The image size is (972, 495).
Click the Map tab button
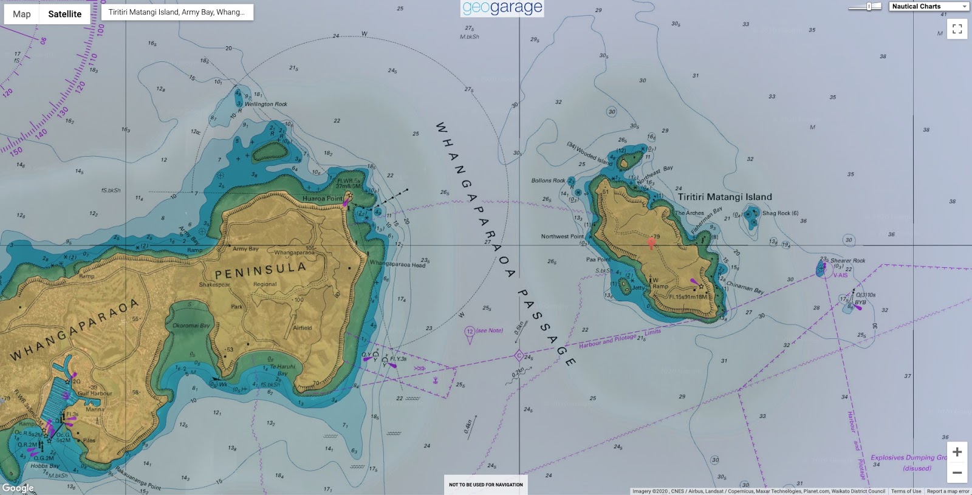(22, 14)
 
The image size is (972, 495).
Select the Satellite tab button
(64, 14)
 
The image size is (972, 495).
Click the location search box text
(176, 12)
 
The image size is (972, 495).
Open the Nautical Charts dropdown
(929, 7)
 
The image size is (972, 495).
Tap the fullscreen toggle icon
(957, 29)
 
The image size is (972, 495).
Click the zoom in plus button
(957, 452)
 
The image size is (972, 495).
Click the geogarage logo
(502, 8)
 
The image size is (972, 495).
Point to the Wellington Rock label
(265, 104)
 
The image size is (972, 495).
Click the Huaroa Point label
(322, 199)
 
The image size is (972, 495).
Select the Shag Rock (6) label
(780, 213)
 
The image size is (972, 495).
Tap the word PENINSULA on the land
(260, 270)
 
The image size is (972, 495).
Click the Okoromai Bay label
(191, 326)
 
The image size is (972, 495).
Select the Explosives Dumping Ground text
(908, 458)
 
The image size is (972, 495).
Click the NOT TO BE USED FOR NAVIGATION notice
(485, 485)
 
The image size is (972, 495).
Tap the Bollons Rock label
(548, 180)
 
